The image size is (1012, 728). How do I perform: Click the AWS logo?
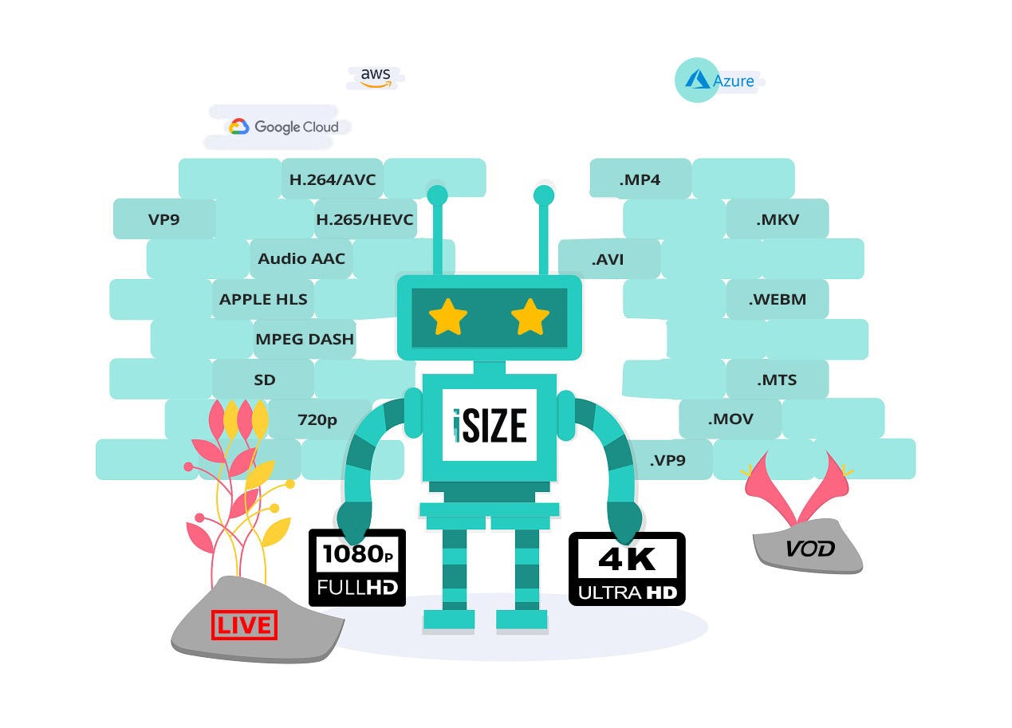376,77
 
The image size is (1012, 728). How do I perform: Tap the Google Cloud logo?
284,127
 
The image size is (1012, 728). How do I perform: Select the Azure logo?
715,81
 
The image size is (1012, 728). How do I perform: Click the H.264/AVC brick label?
333,179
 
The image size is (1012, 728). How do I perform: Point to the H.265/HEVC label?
365,219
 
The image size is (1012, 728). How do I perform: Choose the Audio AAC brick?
301,258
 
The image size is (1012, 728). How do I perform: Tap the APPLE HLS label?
263,299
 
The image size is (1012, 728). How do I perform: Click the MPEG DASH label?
305,339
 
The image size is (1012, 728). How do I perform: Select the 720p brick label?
317,419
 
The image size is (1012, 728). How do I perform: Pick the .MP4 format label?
640,179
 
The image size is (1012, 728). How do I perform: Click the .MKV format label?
778,219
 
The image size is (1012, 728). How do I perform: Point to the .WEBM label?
778,299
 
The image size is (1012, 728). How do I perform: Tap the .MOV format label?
730,419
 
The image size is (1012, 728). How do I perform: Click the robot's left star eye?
448,317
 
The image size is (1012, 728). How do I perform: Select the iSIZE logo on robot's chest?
490,425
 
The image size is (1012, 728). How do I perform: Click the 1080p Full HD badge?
357,567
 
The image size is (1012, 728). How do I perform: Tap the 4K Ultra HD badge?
627,569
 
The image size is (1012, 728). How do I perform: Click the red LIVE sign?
245,625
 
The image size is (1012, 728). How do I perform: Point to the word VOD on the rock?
809,549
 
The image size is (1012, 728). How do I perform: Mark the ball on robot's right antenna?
544,195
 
